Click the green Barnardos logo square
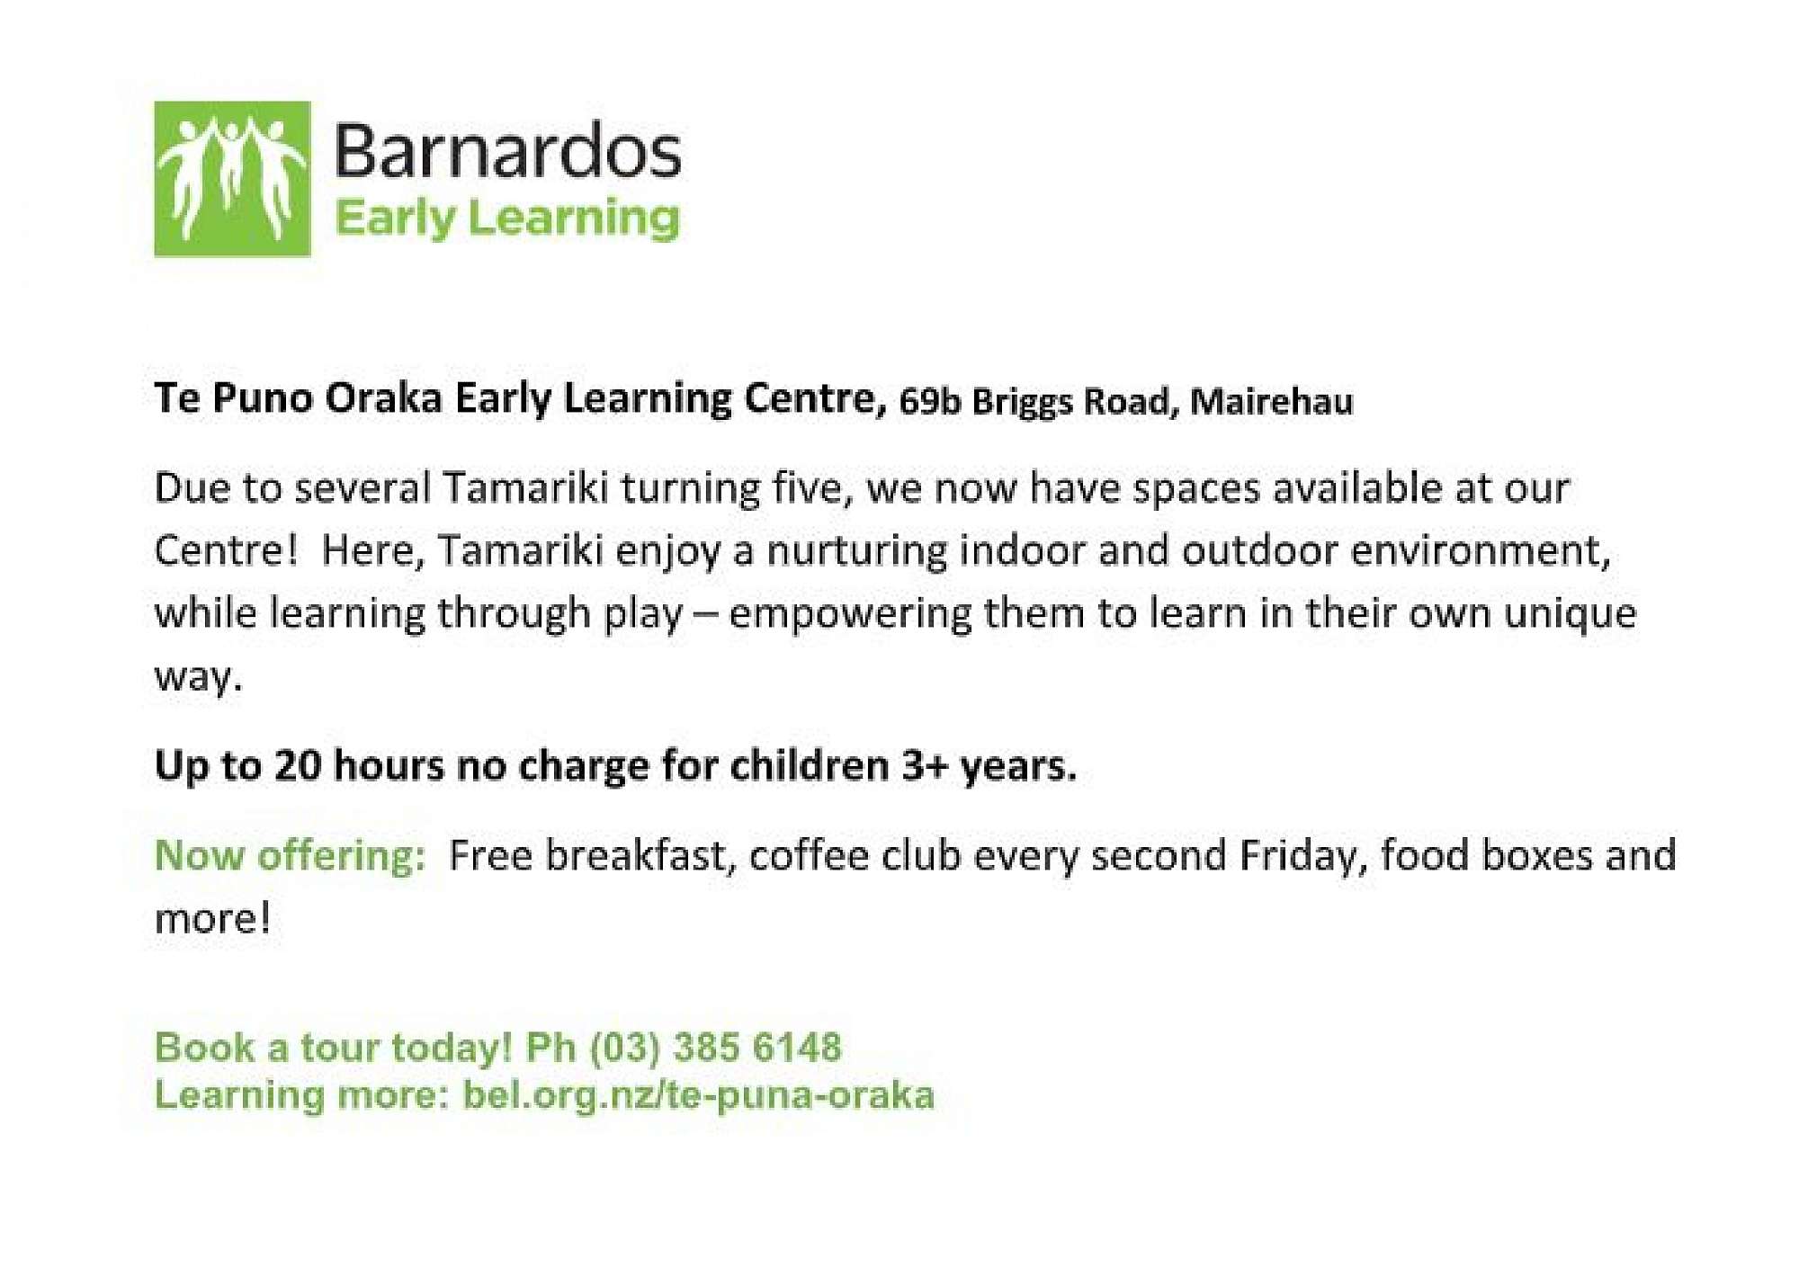point(232,179)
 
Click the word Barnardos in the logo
point(508,151)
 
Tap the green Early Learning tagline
point(507,219)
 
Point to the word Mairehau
point(1271,401)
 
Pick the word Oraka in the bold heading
point(384,397)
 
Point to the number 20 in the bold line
point(298,766)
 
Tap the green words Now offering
point(290,855)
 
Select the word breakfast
point(641,855)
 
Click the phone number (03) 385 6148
point(716,1048)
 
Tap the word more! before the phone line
point(212,919)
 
